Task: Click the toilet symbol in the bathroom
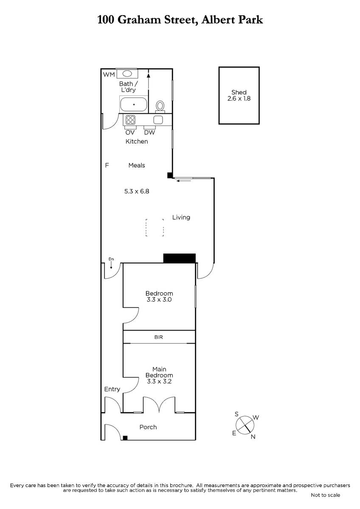pyautogui.click(x=160, y=106)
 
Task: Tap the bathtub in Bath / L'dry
pyautogui.click(x=134, y=104)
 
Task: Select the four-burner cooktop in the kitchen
pyautogui.click(x=130, y=120)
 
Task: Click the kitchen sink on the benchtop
pyautogui.click(x=158, y=120)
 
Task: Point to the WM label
pyautogui.click(x=109, y=75)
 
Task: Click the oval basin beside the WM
pyautogui.click(x=127, y=74)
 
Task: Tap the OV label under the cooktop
pyautogui.click(x=130, y=132)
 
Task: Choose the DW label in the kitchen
pyautogui.click(x=149, y=132)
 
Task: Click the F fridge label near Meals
pyautogui.click(x=107, y=165)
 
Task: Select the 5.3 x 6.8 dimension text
pyautogui.click(x=137, y=191)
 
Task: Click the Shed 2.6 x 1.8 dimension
pyautogui.click(x=239, y=98)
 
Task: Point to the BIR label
pyautogui.click(x=158, y=337)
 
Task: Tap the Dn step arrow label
pyautogui.click(x=111, y=259)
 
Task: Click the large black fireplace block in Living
pyautogui.click(x=180, y=258)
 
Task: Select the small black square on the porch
pyautogui.click(x=125, y=438)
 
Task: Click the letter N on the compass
pyautogui.click(x=253, y=437)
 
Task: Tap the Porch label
pyautogui.click(x=148, y=427)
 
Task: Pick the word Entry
pyautogui.click(x=112, y=389)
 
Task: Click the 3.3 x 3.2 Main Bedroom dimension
pyautogui.click(x=159, y=381)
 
